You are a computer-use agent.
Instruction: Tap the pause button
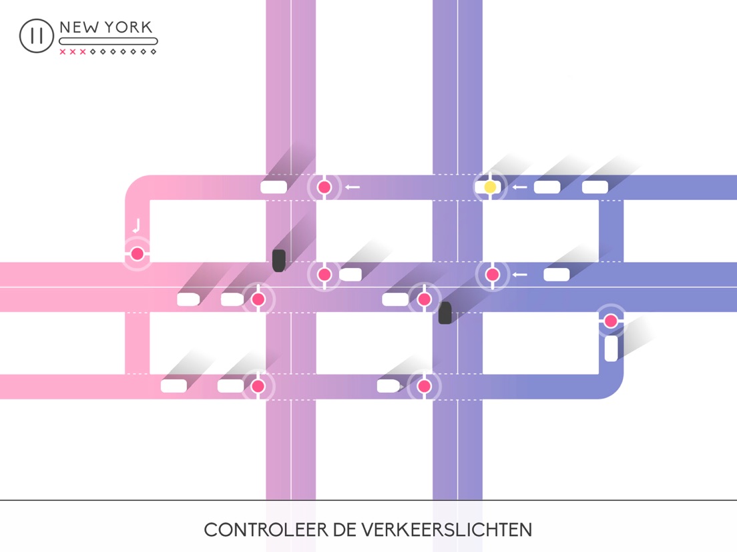(36, 36)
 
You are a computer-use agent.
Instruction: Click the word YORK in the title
(128, 28)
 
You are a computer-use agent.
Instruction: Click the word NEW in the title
(78, 28)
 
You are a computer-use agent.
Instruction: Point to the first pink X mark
(63, 51)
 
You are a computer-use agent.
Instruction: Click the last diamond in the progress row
(153, 51)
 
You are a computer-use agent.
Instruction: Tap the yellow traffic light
(490, 187)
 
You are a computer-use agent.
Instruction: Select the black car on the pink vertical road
(279, 260)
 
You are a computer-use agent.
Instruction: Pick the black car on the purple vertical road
(445, 313)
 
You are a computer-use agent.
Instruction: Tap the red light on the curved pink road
(137, 254)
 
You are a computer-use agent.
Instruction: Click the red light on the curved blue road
(610, 321)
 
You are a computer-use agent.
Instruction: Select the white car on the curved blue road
(611, 349)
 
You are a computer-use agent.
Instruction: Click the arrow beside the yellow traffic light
(519, 187)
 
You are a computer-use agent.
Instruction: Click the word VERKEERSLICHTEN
(447, 530)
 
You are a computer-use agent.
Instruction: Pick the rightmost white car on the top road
(595, 187)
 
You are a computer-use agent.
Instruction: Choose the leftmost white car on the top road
(274, 187)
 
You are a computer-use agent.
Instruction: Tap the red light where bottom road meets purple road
(424, 386)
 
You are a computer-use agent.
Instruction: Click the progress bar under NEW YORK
(108, 41)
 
